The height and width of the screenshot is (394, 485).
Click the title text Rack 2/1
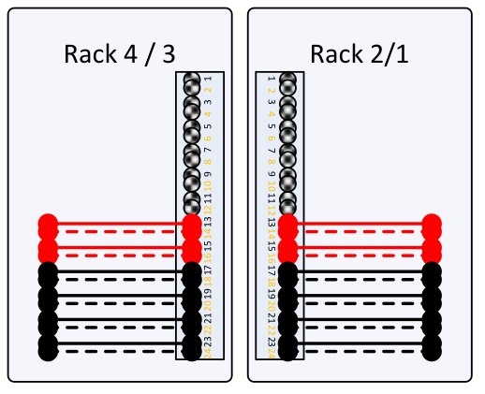point(360,54)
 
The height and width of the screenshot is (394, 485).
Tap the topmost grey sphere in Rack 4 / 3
point(192,82)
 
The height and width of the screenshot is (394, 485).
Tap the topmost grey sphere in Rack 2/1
point(288,82)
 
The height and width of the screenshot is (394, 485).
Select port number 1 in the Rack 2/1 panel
point(270,79)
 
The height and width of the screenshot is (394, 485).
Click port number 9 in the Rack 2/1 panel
point(270,174)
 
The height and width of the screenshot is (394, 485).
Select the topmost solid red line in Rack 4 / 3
point(120,224)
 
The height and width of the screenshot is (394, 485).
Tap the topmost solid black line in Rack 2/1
point(360,272)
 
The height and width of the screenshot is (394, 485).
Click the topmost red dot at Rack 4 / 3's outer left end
point(48,224)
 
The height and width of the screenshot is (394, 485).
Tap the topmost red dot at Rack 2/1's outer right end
point(432,224)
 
